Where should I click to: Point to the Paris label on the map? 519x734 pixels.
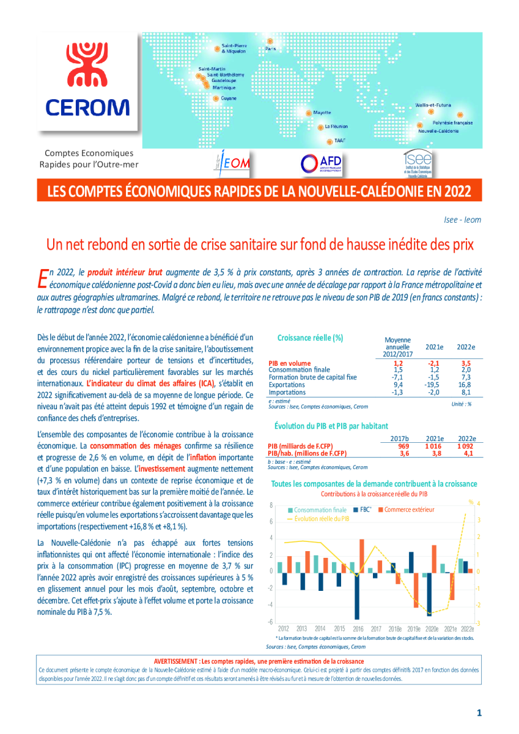pos(271,48)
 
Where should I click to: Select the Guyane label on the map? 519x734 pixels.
pos(229,98)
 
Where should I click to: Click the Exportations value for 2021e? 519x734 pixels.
pos(434,385)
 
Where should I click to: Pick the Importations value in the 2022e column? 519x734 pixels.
pos(466,392)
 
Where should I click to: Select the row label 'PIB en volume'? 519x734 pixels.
pos(289,363)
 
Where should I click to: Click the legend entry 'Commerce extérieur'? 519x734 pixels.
pos(409,510)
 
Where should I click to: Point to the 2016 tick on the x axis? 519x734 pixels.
pos(358,628)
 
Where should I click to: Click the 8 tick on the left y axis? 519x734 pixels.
pos(270,505)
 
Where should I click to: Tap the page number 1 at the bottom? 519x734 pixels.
pos(479,713)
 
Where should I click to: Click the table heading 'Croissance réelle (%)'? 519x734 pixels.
pos(310,338)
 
